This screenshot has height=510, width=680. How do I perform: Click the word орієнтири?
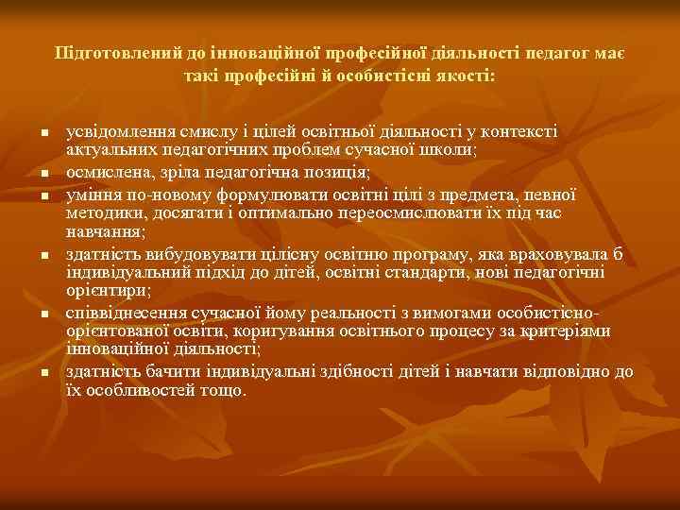103,291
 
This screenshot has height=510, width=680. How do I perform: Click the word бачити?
161,372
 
